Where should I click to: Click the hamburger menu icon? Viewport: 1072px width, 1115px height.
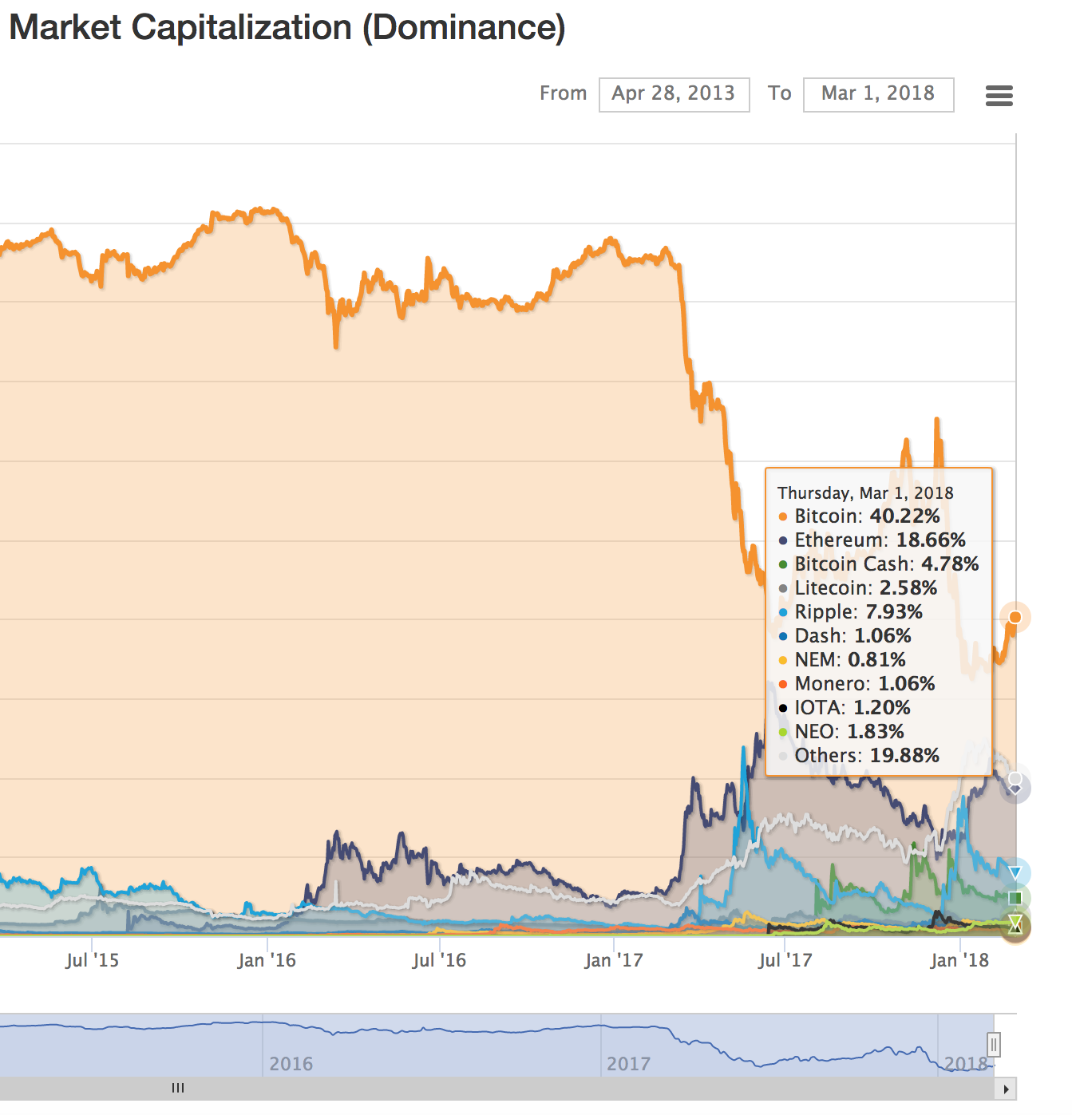click(999, 96)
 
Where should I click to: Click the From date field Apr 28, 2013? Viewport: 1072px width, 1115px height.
click(674, 94)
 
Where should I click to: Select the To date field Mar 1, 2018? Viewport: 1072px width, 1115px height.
click(878, 94)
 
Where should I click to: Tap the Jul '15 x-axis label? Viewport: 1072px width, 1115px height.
click(92, 960)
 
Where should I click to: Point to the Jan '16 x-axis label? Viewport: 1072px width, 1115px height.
click(267, 960)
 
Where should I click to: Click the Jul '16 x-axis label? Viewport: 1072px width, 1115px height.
click(439, 960)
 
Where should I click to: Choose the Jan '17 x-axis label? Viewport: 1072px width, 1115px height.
click(613, 960)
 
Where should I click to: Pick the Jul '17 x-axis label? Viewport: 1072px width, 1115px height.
click(785, 960)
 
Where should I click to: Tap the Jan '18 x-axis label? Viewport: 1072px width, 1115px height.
click(959, 960)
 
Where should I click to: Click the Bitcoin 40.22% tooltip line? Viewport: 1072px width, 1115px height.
click(867, 516)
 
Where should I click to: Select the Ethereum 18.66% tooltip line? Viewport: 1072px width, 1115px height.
click(880, 540)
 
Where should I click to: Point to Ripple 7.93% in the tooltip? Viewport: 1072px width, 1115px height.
click(858, 612)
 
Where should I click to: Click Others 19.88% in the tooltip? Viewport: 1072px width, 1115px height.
click(867, 756)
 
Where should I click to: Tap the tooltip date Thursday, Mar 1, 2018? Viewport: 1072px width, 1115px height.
click(865, 493)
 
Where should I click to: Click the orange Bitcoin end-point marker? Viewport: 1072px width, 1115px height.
click(1015, 617)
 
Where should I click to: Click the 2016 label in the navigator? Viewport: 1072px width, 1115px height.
click(291, 1064)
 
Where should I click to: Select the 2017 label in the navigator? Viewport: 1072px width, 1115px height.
click(628, 1064)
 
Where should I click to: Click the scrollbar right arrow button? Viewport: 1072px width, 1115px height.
click(1006, 1089)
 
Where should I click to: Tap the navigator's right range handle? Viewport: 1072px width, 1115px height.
click(994, 1044)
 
